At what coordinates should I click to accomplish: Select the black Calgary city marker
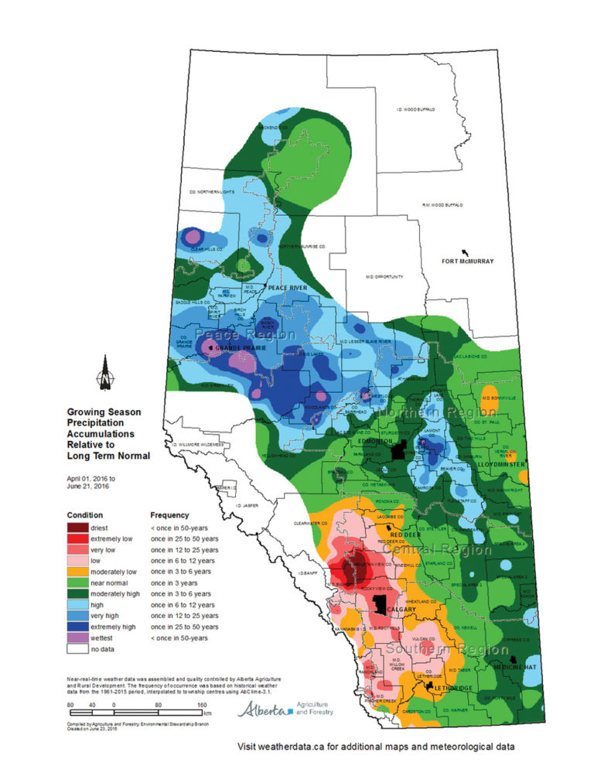tap(379, 603)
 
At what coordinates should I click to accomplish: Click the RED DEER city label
tap(405, 535)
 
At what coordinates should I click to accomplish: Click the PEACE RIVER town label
tap(288, 288)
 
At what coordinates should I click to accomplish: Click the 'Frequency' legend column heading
tap(169, 514)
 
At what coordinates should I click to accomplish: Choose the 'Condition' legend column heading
tap(85, 514)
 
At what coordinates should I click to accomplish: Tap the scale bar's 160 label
tap(201, 705)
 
